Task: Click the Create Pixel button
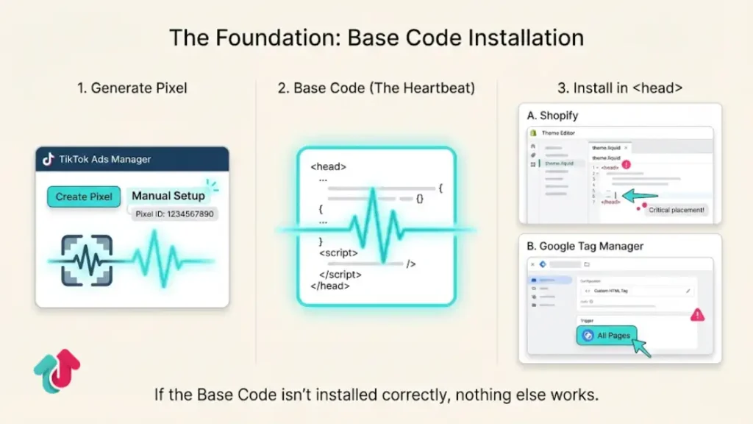tap(84, 197)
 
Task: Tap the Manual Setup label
tap(168, 196)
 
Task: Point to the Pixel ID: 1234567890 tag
tap(176, 214)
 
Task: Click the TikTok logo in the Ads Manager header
tap(49, 159)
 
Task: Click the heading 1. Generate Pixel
tap(132, 88)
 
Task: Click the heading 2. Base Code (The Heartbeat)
tap(376, 88)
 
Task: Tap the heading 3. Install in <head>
tap(620, 88)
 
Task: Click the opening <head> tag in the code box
tap(328, 167)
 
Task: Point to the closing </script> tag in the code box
tap(343, 275)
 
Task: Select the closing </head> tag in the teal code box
tap(330, 286)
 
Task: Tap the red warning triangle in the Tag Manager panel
tap(697, 315)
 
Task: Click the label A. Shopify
tap(553, 116)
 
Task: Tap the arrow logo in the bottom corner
tap(57, 372)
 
